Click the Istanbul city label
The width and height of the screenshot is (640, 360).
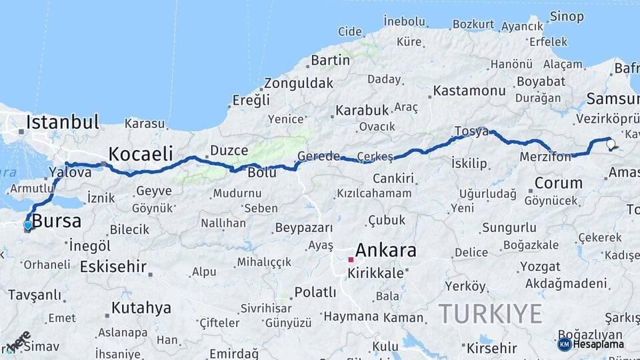[63, 123]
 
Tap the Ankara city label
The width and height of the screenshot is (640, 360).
[386, 251]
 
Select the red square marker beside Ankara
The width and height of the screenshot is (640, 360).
[351, 259]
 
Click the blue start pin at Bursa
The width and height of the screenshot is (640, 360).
[27, 225]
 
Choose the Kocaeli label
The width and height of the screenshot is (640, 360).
[141, 153]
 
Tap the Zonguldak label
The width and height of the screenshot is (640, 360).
[298, 83]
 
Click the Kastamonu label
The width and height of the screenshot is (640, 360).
[469, 91]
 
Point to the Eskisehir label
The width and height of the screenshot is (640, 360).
[113, 267]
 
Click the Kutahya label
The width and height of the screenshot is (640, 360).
[141, 308]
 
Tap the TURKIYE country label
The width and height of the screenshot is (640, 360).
[490, 313]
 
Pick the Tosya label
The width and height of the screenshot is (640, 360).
[471, 131]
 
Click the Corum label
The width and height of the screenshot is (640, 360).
[558, 182]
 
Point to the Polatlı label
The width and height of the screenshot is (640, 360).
[315, 292]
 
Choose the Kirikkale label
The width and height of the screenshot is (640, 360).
[380, 273]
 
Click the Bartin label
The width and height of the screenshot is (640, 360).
[330, 61]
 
